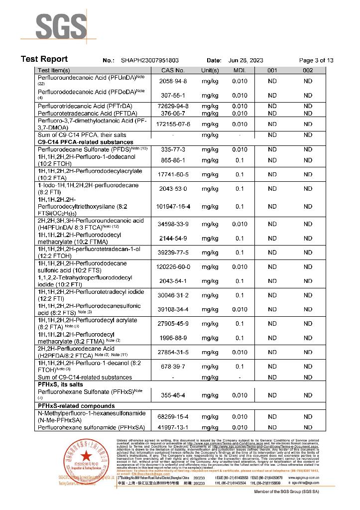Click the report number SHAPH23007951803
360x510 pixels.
click(x=150, y=60)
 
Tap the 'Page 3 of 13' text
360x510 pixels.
click(x=316, y=60)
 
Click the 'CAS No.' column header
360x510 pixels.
click(x=173, y=71)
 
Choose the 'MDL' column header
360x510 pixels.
click(x=240, y=71)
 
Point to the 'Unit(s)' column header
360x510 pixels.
click(x=210, y=71)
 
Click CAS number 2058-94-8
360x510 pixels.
click(x=173, y=81)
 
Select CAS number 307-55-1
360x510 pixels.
click(x=173, y=96)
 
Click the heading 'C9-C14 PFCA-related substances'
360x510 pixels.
click(x=83, y=142)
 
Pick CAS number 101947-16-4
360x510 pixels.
click(x=173, y=206)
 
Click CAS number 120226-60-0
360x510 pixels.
click(x=173, y=267)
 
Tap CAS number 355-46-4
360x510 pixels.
click(x=173, y=395)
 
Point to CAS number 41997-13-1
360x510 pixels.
click(x=173, y=427)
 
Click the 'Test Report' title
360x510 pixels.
click(x=44, y=59)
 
